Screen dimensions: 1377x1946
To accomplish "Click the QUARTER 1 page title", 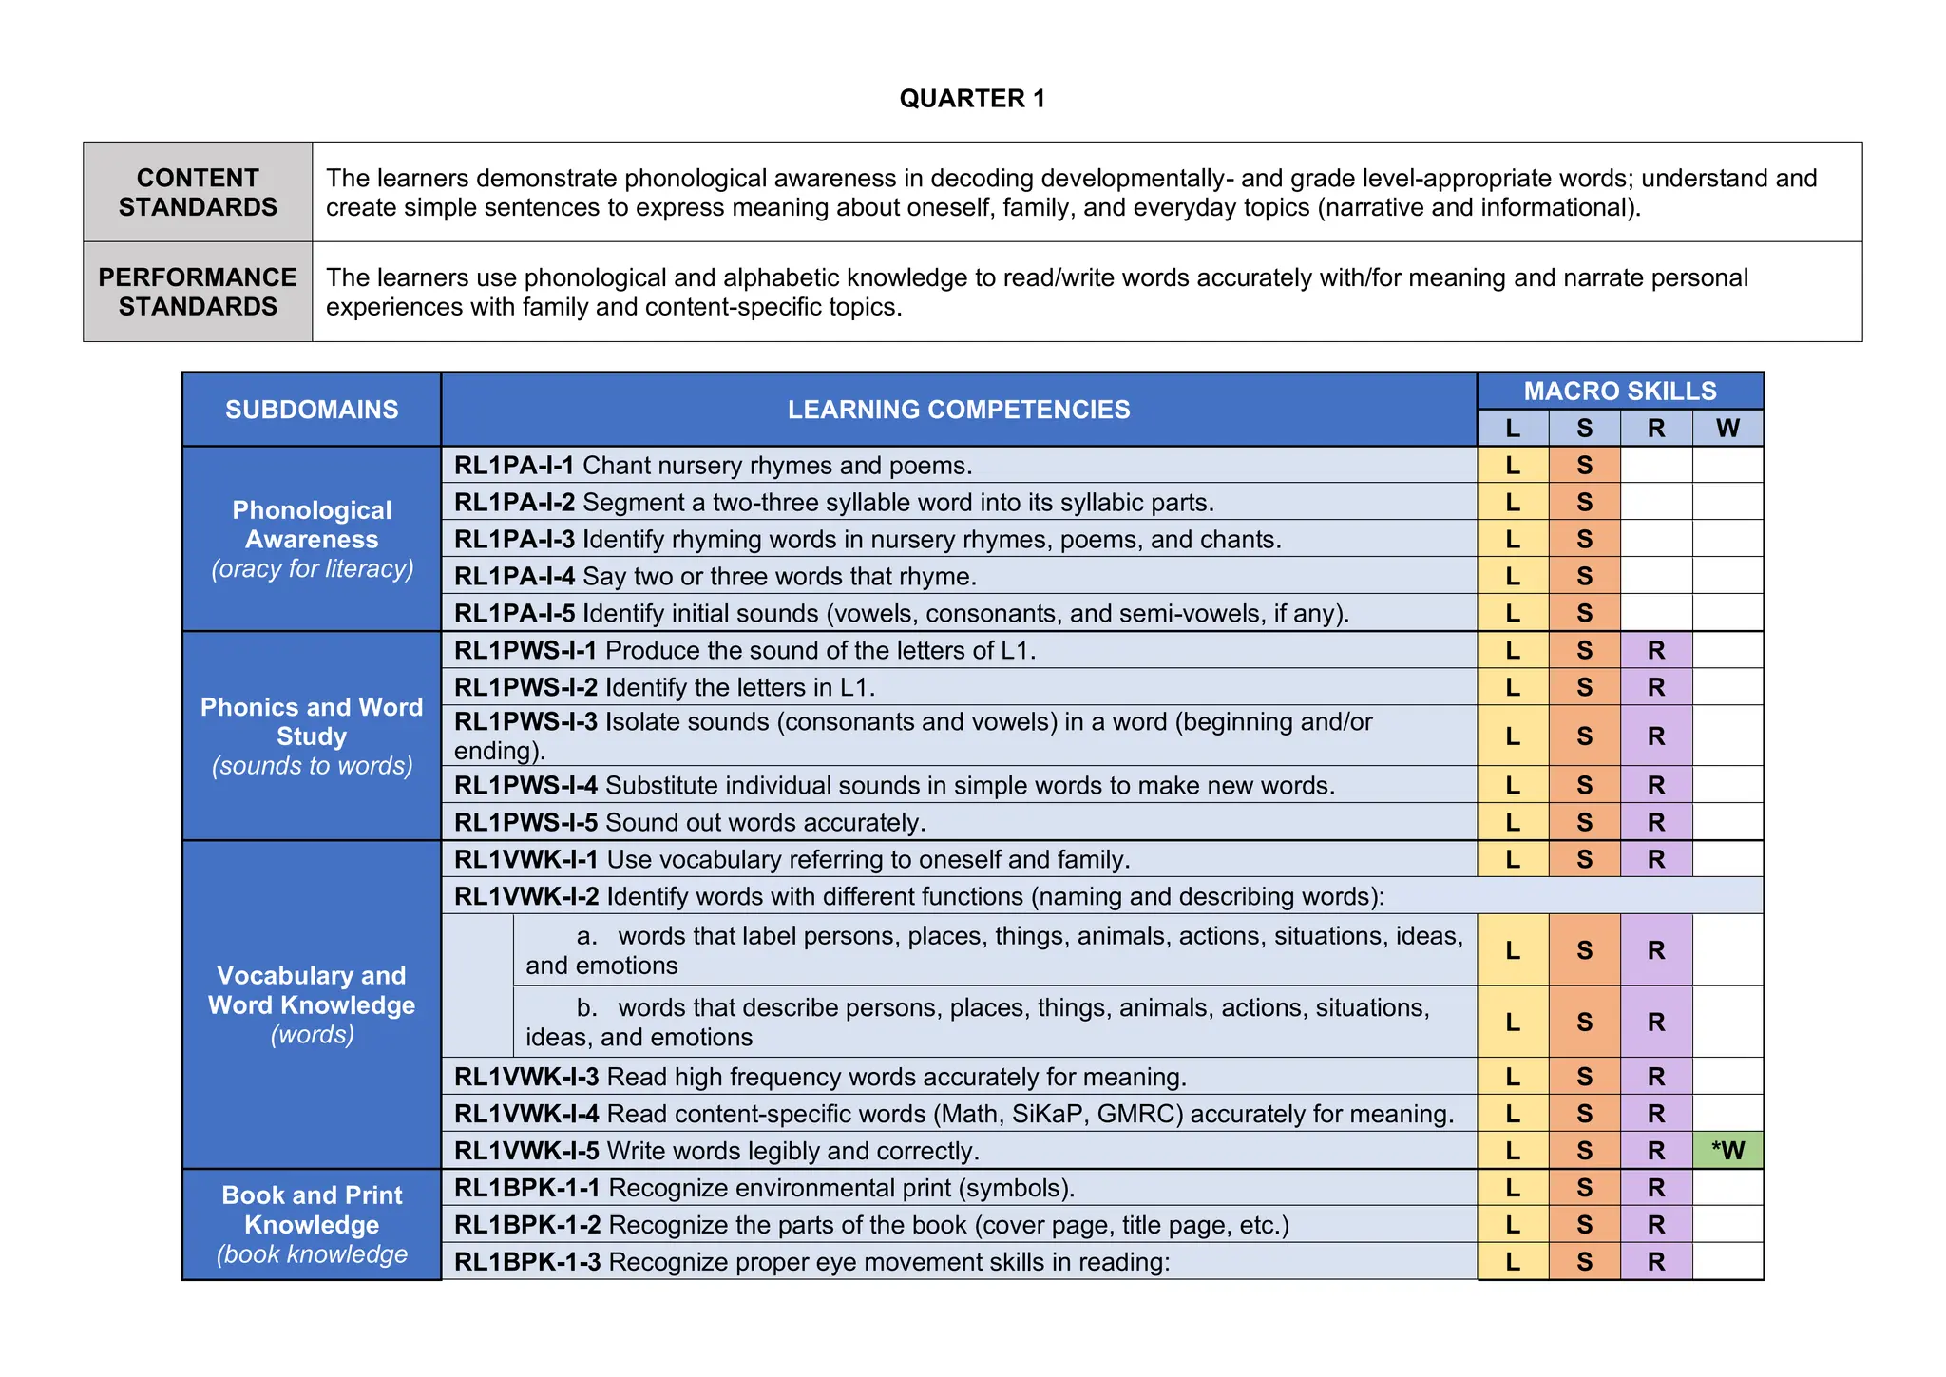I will tap(972, 99).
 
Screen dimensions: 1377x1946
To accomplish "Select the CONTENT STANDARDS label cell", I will tap(198, 192).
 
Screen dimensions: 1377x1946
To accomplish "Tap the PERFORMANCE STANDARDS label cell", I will tap(198, 292).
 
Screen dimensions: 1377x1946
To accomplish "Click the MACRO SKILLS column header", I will tap(1619, 391).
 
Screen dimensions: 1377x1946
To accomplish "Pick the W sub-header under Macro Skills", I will tap(1727, 429).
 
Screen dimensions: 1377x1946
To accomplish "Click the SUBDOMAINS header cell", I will tap(312, 410).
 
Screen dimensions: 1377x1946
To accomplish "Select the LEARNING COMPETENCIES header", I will tap(958, 410).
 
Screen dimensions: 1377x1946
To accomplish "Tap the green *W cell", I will tap(1727, 1151).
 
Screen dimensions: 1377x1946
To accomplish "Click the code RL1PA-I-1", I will tap(514, 466).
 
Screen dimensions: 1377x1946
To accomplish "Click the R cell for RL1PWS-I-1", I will tap(1655, 650).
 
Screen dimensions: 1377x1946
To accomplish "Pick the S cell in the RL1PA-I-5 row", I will tap(1584, 613).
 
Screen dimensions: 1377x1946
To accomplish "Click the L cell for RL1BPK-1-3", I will tap(1512, 1262).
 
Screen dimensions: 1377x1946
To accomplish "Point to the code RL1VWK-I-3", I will tap(526, 1077).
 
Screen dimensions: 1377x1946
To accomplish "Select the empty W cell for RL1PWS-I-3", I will tap(1727, 736).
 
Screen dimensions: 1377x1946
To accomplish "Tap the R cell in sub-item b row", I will tap(1655, 1023).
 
